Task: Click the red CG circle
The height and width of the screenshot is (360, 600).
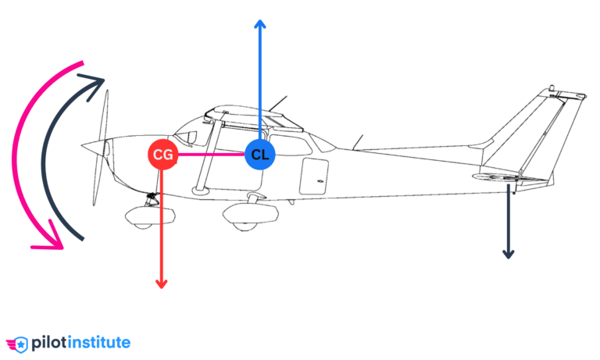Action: click(162, 155)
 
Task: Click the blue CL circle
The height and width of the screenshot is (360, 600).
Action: click(260, 155)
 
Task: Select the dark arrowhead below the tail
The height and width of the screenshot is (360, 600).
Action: click(508, 254)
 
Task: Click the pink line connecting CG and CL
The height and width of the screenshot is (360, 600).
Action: click(211, 155)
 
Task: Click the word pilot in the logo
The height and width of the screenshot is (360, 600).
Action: click(48, 342)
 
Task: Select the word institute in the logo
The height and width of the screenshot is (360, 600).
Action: click(99, 342)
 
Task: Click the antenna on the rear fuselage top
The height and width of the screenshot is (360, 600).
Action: click(358, 141)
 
